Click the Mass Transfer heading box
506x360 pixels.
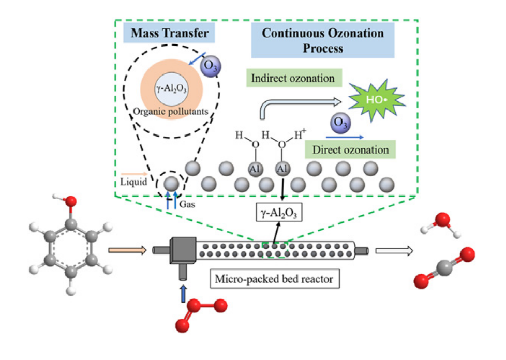tap(170, 35)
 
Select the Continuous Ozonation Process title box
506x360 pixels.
tap(323, 40)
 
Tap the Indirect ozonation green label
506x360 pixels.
tap(292, 79)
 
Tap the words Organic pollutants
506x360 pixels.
tap(171, 111)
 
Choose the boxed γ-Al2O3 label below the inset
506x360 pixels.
tap(279, 213)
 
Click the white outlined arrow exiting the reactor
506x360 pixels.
tap(394, 251)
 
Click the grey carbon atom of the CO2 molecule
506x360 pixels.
tap(443, 267)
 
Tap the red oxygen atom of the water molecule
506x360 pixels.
tap(443, 219)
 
